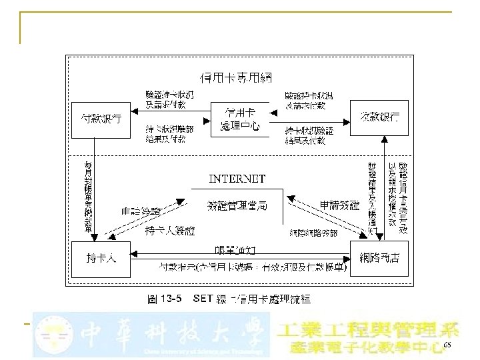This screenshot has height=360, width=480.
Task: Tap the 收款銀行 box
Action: point(379,117)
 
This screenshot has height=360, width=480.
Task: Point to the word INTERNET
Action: point(237,179)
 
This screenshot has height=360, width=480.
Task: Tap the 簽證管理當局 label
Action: point(237,205)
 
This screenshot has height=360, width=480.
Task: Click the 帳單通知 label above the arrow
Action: point(236,249)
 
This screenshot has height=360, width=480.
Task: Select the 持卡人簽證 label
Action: point(170,230)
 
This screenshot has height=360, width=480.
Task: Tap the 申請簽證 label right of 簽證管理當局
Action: point(339,204)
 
